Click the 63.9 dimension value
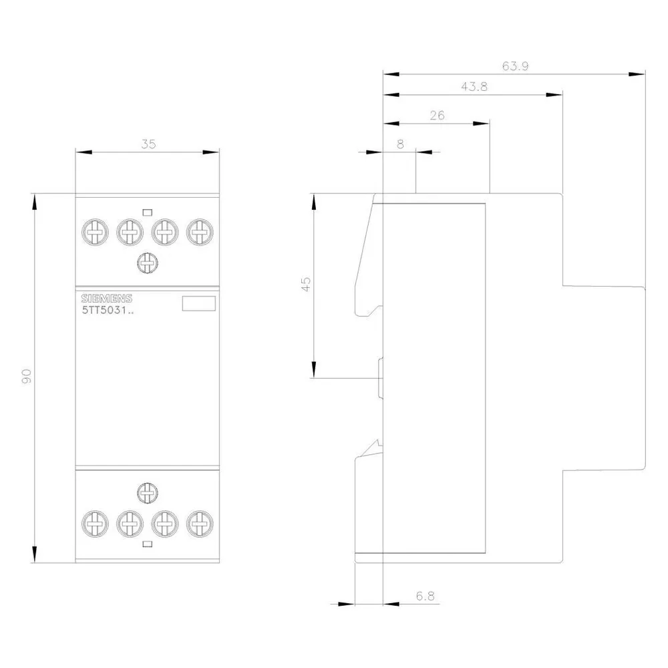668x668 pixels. [515, 66]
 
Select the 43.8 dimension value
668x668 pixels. [474, 86]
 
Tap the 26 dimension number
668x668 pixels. [437, 115]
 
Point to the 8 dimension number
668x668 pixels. [400, 144]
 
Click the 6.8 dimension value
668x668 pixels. [425, 596]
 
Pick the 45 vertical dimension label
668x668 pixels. [306, 284]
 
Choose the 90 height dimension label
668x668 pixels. [27, 375]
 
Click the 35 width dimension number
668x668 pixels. [148, 144]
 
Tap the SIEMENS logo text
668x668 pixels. [106, 298]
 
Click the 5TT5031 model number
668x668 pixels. [108, 310]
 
